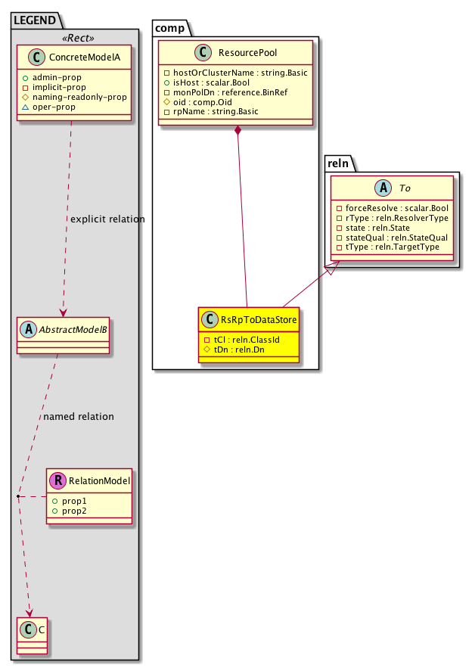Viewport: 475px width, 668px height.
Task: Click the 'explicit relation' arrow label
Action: [x=107, y=219]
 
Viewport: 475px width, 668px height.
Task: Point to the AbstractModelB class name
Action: [x=68, y=330]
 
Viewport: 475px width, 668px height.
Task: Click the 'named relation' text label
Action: [x=79, y=416]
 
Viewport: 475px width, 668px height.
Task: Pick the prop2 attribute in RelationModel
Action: [x=73, y=511]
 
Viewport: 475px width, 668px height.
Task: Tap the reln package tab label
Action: [x=338, y=163]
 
